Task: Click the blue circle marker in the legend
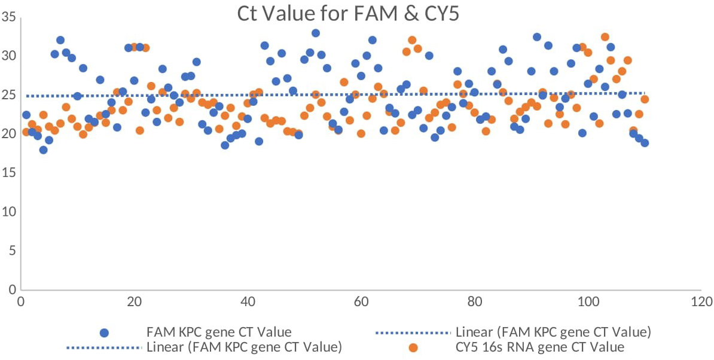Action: [105, 332]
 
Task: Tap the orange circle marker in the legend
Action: [413, 347]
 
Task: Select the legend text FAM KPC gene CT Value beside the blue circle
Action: [219, 332]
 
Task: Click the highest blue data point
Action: [315, 33]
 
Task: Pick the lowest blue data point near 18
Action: [43, 150]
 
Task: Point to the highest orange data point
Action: [605, 37]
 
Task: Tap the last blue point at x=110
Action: [644, 142]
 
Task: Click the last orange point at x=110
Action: [644, 99]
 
